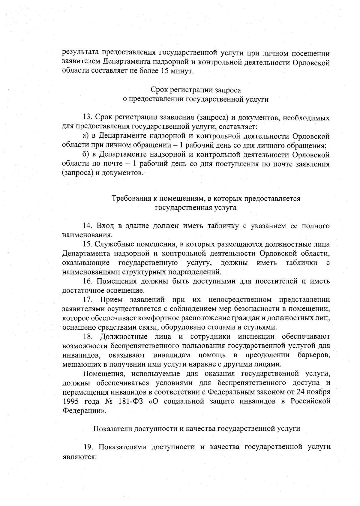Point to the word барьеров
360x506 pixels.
pyautogui.click(x=314, y=355)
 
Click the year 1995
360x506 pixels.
pyautogui.click(x=71, y=401)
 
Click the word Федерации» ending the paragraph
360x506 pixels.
pyautogui.click(x=84, y=411)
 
